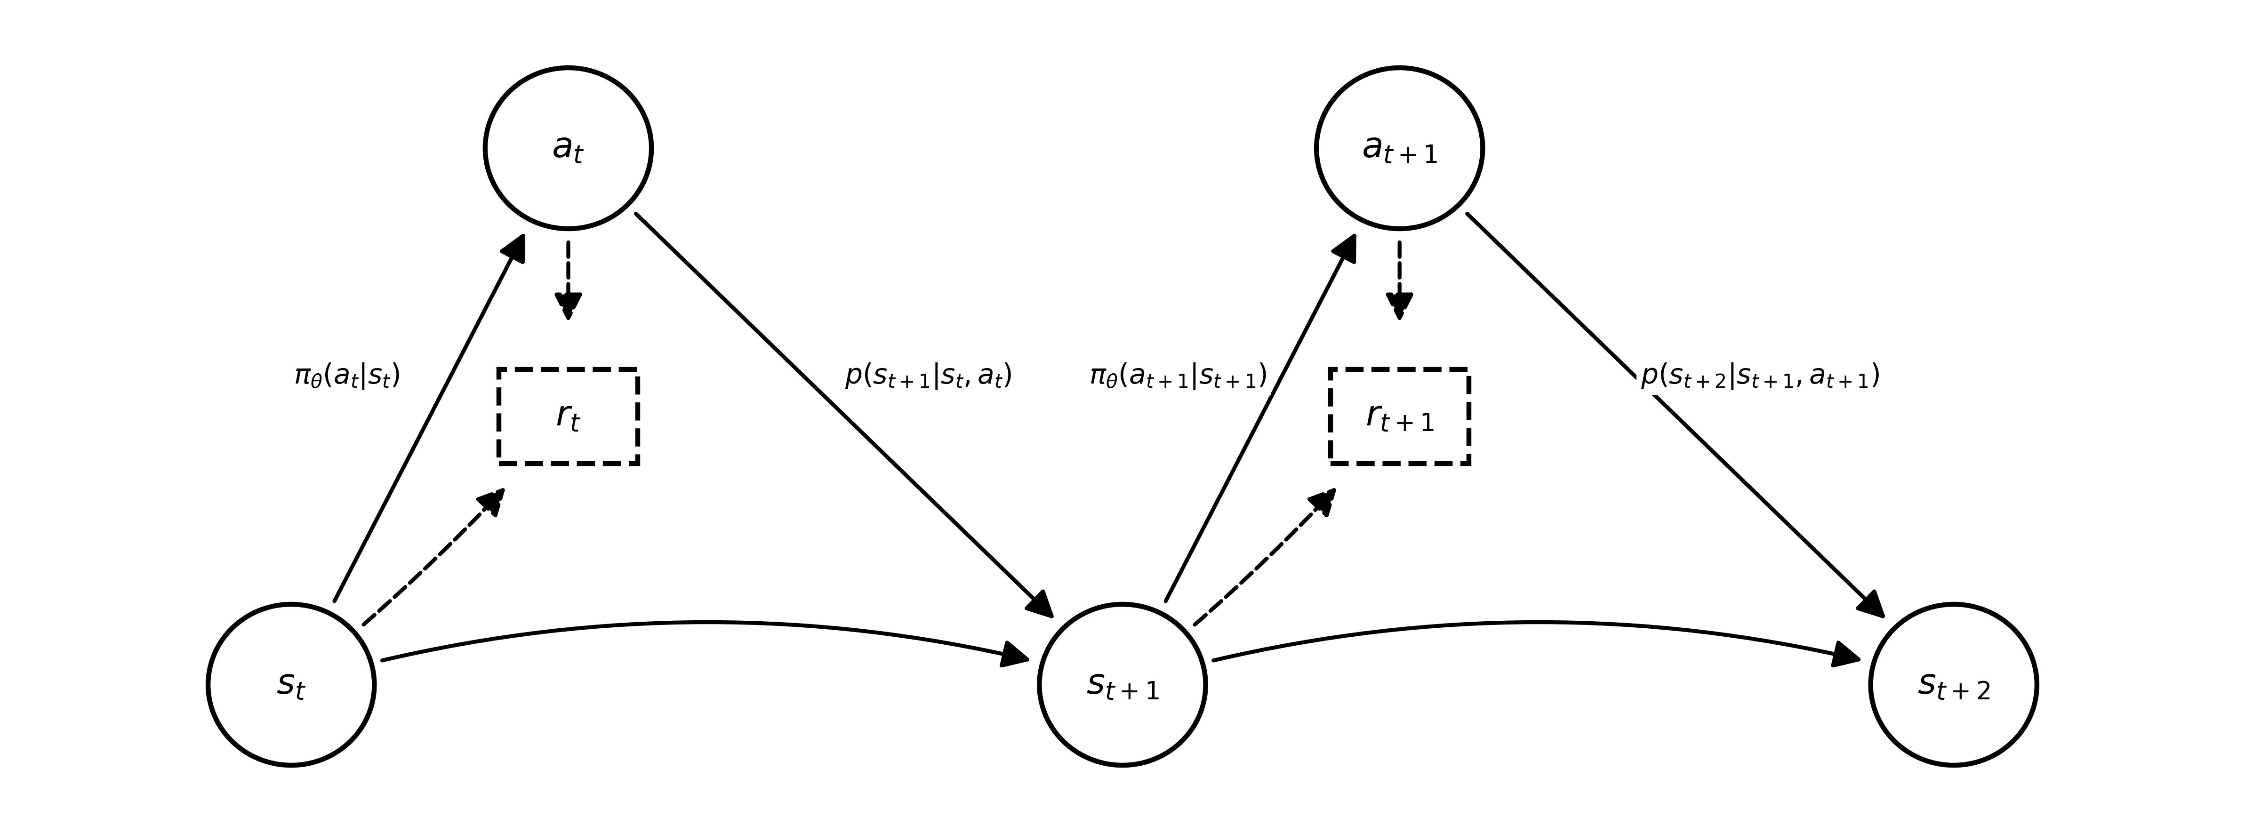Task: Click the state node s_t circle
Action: click(291, 685)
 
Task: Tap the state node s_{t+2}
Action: click(1953, 685)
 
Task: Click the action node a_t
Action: click(568, 148)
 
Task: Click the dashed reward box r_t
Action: click(568, 416)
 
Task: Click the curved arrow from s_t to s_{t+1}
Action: click(706, 623)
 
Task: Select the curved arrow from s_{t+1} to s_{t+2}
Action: click(1537, 623)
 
